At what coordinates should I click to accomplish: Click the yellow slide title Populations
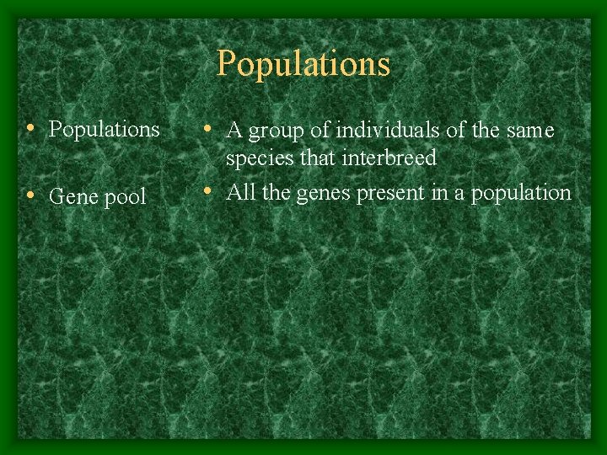[x=303, y=64]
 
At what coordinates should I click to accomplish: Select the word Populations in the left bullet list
[x=105, y=130]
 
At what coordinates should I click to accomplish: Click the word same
[x=530, y=131]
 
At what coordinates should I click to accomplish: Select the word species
[x=256, y=159]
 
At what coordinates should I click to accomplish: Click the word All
[x=241, y=192]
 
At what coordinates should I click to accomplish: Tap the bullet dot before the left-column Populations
[x=30, y=129]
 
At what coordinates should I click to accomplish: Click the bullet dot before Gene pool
[x=30, y=196]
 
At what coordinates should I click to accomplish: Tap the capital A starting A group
[x=235, y=131]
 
